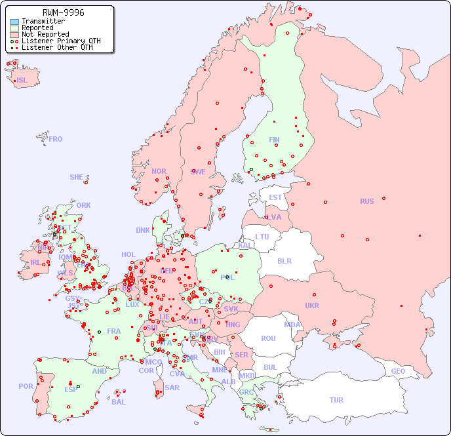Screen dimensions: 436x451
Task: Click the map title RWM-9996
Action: [x=63, y=12]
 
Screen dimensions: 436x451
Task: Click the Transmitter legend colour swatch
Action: [x=14, y=22]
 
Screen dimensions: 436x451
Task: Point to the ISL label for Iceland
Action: [x=22, y=81]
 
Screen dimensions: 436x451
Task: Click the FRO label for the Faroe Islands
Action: [x=56, y=139]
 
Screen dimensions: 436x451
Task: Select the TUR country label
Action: [x=336, y=400]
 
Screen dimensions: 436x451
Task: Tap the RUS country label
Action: [x=366, y=201]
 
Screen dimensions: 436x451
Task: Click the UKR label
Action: [x=312, y=306]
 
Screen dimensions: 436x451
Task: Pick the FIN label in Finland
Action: [x=274, y=140]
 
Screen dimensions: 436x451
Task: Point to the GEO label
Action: [x=398, y=371]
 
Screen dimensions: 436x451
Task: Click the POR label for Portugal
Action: [x=26, y=386]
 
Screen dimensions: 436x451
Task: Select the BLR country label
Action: [x=284, y=260]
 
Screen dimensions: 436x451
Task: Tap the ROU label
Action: [x=268, y=338]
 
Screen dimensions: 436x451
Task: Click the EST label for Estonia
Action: [x=275, y=197]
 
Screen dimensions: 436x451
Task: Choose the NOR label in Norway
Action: [x=159, y=171]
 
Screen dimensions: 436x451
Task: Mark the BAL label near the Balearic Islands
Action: [x=119, y=402]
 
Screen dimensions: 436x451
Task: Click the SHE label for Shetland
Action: [x=77, y=177]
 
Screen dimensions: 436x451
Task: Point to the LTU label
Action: [x=262, y=237]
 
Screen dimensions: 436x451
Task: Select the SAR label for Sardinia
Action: [x=172, y=387]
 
